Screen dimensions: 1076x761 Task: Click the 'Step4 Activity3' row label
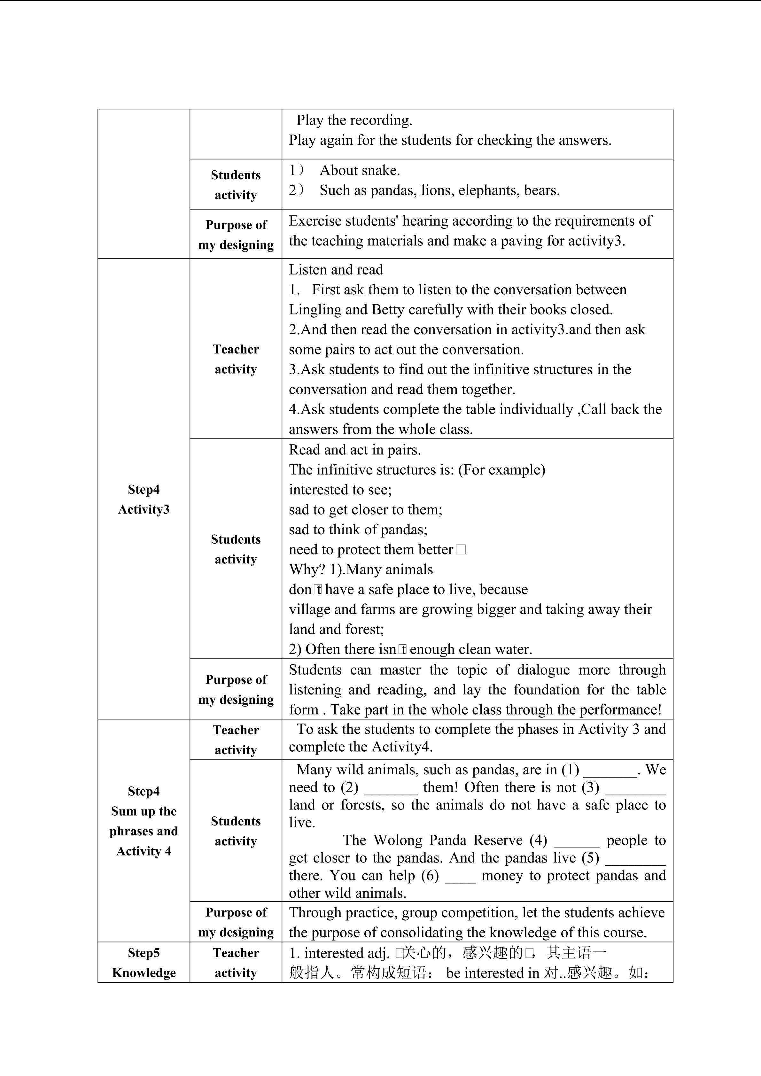point(144,499)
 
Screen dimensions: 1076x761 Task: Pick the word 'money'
point(502,876)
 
